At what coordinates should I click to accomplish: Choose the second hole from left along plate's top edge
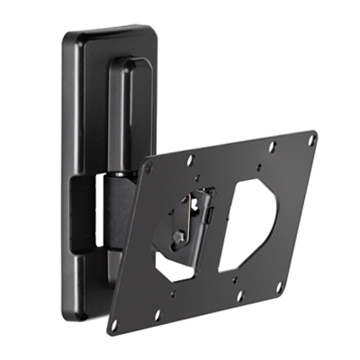point(191,160)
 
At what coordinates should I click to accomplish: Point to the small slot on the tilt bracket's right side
point(208,217)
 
